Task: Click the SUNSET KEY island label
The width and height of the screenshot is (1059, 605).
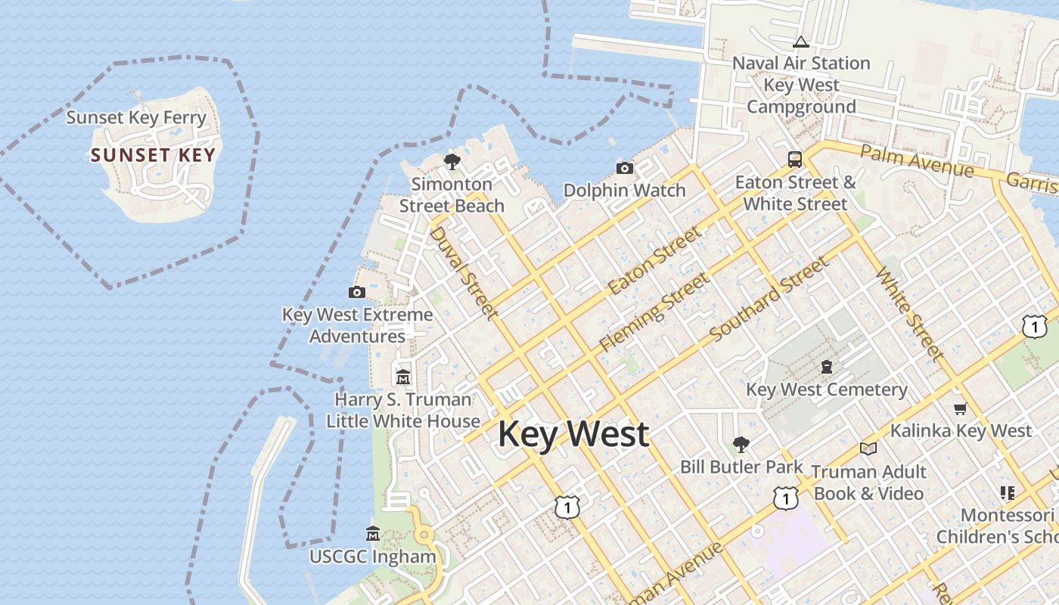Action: pyautogui.click(x=153, y=156)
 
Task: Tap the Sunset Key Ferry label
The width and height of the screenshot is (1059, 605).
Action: pyautogui.click(x=136, y=118)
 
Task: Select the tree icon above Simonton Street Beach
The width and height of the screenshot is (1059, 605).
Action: pyautogui.click(x=452, y=161)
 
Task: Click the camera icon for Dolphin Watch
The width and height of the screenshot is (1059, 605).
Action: pyautogui.click(x=624, y=168)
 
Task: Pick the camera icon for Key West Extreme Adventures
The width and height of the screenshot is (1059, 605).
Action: pyautogui.click(x=357, y=292)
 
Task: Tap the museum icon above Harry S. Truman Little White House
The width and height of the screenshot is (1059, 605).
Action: pyautogui.click(x=403, y=377)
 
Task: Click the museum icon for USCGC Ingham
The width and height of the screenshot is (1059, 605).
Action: pyautogui.click(x=372, y=534)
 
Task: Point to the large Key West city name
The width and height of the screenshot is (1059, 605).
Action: pyautogui.click(x=573, y=434)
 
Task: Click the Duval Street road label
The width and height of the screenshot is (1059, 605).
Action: pyautogui.click(x=464, y=272)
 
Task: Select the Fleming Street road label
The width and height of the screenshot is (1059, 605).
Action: pyautogui.click(x=654, y=312)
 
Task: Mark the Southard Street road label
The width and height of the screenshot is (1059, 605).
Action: pyautogui.click(x=769, y=299)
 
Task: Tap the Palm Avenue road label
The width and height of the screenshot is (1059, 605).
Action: pyautogui.click(x=917, y=161)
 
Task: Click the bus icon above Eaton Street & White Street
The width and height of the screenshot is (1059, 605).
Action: pyautogui.click(x=794, y=159)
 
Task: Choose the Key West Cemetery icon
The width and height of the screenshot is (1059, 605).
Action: pyautogui.click(x=827, y=367)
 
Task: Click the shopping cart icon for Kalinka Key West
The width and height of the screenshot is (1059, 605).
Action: pyautogui.click(x=960, y=408)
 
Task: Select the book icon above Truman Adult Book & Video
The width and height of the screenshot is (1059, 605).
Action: pyautogui.click(x=868, y=449)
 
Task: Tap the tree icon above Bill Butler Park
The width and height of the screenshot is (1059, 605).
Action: pyautogui.click(x=741, y=444)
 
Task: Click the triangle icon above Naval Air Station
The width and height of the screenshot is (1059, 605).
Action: pyautogui.click(x=800, y=42)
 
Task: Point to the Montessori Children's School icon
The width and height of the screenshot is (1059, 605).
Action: pyautogui.click(x=1007, y=493)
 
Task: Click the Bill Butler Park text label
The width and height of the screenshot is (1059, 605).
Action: pyautogui.click(x=741, y=467)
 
